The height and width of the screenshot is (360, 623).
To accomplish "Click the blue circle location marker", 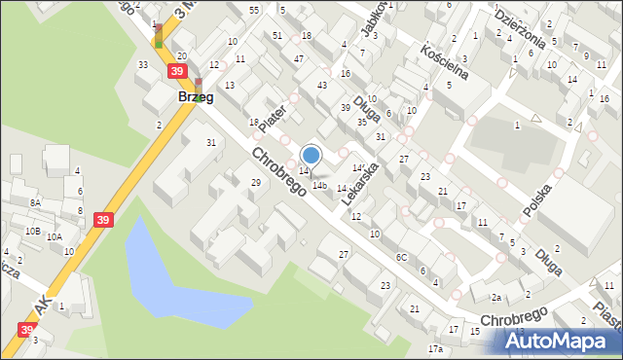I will click(311, 154).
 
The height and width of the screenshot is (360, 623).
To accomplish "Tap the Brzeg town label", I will click(195, 97).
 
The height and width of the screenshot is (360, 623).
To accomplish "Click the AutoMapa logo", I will click(562, 340).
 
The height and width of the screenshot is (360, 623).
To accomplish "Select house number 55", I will click(254, 10).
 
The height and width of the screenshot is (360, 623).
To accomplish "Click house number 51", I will click(278, 36).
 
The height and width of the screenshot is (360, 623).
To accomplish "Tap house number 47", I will click(299, 60).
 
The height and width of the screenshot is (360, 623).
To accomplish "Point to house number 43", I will click(322, 86).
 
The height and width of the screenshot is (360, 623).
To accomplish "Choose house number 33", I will click(143, 65).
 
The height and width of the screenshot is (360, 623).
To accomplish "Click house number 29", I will click(256, 183).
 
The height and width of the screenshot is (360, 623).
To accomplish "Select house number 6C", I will click(401, 257).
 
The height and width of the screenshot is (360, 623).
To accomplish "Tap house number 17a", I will click(435, 348).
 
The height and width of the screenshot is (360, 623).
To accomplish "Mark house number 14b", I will click(319, 186).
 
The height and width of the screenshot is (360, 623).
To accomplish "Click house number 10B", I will click(33, 232).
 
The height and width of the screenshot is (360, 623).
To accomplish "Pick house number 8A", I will click(35, 202).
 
